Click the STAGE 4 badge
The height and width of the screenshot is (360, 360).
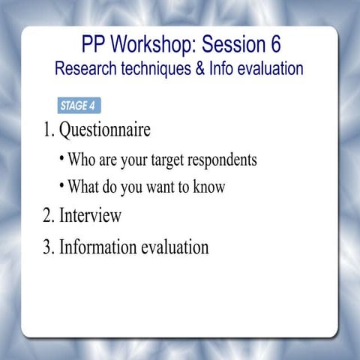click(78, 105)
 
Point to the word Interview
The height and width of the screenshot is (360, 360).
click(91, 216)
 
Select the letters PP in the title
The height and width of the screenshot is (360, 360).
click(94, 44)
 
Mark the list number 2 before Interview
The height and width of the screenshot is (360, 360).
click(47, 216)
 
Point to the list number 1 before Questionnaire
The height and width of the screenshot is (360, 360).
click(47, 130)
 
